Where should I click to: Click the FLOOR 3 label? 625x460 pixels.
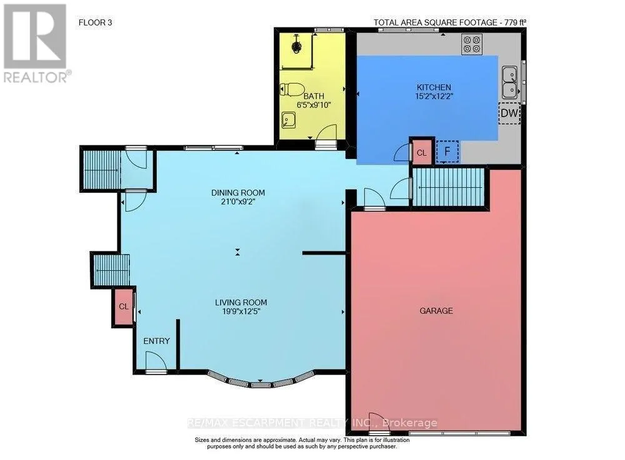95,22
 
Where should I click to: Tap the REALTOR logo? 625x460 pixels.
36,43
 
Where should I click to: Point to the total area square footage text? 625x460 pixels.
450,22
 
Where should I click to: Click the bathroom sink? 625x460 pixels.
288,119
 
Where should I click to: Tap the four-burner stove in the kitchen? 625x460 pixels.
472,44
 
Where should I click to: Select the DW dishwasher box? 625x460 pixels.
509,113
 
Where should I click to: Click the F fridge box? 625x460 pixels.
447,152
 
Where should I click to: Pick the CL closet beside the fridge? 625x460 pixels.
422,153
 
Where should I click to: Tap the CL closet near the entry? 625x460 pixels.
124,306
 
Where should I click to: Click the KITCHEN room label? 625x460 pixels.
434,87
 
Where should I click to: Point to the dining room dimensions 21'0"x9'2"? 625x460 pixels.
238,202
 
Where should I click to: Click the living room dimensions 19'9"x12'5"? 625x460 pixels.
241,311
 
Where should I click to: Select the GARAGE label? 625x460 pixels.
436,310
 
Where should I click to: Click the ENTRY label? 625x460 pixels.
157,341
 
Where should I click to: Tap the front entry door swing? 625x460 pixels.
156,361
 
